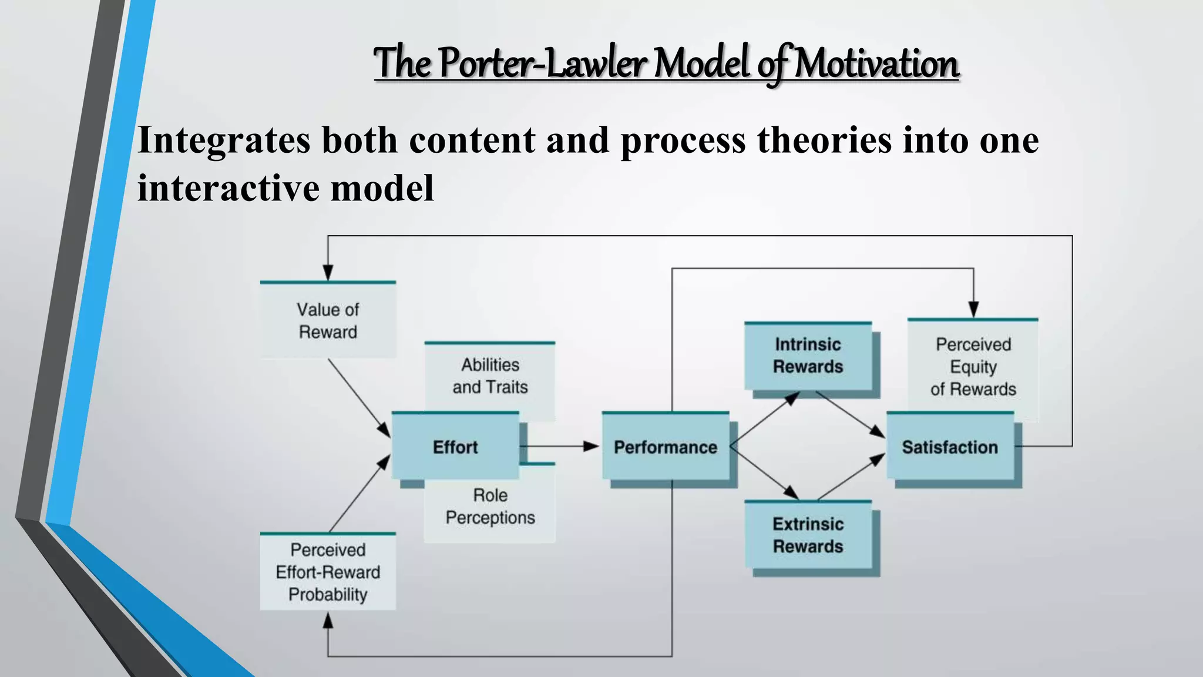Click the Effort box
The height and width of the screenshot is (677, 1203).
tap(455, 447)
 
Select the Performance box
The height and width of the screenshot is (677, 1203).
tap(665, 447)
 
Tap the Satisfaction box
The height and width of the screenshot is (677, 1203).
tap(950, 447)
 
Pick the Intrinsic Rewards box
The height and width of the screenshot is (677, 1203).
tap(808, 356)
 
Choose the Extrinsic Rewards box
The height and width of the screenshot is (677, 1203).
tap(808, 535)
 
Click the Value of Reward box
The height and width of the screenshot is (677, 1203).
tap(328, 320)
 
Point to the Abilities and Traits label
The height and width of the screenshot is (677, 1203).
tap(490, 376)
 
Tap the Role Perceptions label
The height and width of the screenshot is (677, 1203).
tap(490, 507)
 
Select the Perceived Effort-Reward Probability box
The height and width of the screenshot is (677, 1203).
tap(328, 572)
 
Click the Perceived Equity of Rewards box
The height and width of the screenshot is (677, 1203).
tap(973, 366)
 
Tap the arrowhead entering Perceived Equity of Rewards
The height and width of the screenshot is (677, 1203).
tap(973, 309)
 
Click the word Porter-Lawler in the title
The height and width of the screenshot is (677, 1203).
tap(543, 63)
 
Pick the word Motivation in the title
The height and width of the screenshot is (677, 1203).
tap(876, 63)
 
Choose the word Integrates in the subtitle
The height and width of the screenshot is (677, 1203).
tap(224, 141)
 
